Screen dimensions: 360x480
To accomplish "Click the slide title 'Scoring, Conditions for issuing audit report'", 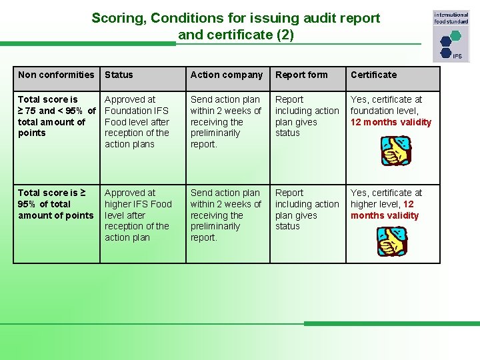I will pyautogui.click(x=235, y=18).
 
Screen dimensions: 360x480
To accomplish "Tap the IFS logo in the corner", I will pyautogui.click(x=451, y=36).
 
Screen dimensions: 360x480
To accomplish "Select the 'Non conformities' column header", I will pyautogui.click(x=56, y=75).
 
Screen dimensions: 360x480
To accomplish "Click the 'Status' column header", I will pyautogui.click(x=119, y=75).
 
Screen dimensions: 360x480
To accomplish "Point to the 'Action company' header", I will pyautogui.click(x=226, y=75).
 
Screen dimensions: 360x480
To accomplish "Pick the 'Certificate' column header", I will pyautogui.click(x=373, y=75).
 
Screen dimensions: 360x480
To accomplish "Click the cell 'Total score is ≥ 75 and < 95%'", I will pyautogui.click(x=56, y=116).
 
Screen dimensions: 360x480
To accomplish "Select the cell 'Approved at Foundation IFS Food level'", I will pyautogui.click(x=137, y=121).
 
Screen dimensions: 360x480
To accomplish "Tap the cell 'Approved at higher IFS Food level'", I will pyautogui.click(x=137, y=215).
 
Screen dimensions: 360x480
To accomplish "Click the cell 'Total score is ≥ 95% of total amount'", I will pyautogui.click(x=56, y=204).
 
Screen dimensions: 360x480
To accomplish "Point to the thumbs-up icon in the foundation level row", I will pyautogui.click(x=395, y=150).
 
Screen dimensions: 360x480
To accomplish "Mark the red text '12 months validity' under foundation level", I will pyautogui.click(x=391, y=122).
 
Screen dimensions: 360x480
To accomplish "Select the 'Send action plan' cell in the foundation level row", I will pyautogui.click(x=225, y=121).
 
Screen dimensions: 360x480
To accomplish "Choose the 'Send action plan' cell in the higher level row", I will pyautogui.click(x=225, y=215).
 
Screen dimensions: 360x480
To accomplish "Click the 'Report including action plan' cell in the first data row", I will pyautogui.click(x=307, y=116).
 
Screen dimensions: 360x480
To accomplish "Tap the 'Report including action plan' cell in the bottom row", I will pyautogui.click(x=307, y=209).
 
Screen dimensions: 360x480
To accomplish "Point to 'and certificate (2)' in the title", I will pyautogui.click(x=235, y=35).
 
